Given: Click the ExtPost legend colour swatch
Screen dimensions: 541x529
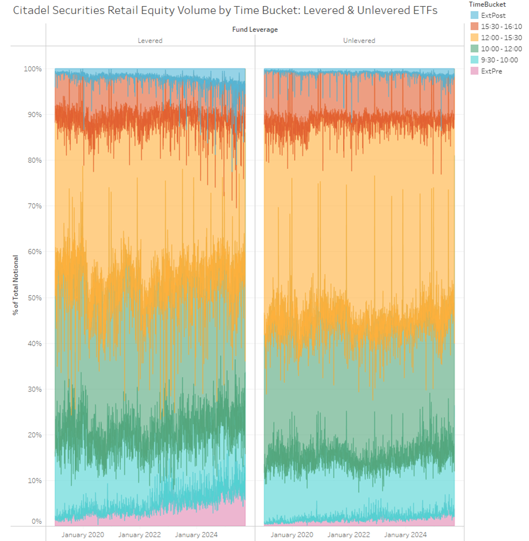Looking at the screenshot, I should [475, 15].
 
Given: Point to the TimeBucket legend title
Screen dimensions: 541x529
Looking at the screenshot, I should [487, 4].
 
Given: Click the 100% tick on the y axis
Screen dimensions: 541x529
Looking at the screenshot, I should [32, 69].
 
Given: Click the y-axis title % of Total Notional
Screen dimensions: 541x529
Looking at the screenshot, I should [16, 284].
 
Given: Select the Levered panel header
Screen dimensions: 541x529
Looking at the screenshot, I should [150, 40].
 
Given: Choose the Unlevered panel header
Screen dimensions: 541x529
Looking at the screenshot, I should [359, 40].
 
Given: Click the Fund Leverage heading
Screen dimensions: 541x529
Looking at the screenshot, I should [254, 30].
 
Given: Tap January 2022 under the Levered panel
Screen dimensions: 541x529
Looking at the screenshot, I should [139, 535].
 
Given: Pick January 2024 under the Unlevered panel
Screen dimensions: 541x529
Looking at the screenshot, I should [405, 535].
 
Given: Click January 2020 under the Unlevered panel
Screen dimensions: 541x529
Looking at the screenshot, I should [291, 535].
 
